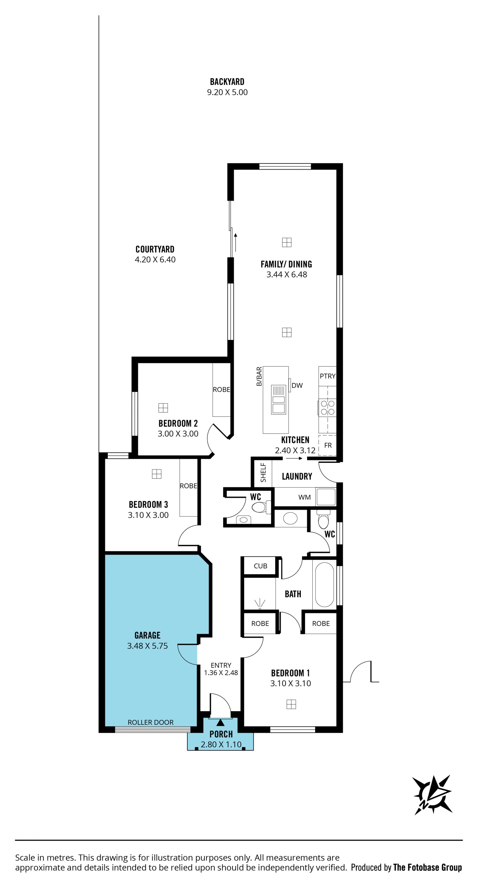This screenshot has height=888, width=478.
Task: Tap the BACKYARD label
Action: (227, 82)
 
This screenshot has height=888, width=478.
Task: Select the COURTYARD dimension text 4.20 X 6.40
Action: (155, 260)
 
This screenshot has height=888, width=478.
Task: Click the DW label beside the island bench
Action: (297, 386)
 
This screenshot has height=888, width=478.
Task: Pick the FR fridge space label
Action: (328, 445)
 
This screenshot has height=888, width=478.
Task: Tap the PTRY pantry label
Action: (327, 376)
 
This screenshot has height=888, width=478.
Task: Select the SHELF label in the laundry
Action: (263, 472)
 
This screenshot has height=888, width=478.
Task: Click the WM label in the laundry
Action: (304, 497)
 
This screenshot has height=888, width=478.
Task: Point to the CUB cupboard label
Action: (260, 566)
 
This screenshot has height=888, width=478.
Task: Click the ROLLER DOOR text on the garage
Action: (151, 722)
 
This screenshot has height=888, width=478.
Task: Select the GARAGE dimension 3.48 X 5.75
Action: (148, 646)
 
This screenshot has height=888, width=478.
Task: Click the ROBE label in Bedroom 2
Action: (221, 389)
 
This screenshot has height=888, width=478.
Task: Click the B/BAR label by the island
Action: (259, 377)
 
